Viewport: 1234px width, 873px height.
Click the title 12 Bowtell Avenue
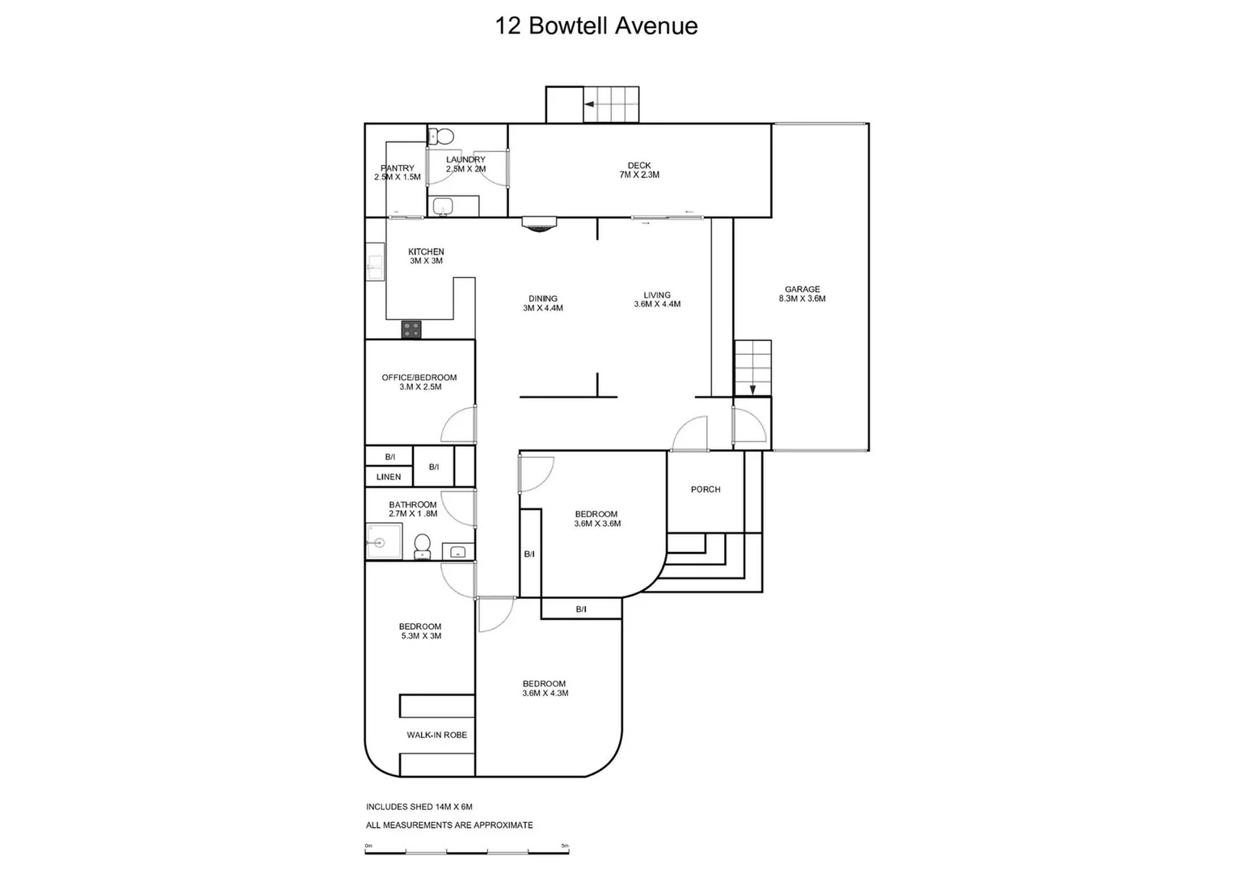tap(596, 26)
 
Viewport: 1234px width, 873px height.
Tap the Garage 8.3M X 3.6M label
tap(802, 294)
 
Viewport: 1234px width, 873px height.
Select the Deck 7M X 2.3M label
tap(638, 171)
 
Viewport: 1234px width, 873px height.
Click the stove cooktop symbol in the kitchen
tap(411, 329)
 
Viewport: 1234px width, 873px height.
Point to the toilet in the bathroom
tap(422, 546)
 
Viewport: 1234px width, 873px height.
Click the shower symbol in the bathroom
tap(383, 541)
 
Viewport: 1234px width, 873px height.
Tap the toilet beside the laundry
tap(441, 137)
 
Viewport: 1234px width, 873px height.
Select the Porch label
tap(705, 490)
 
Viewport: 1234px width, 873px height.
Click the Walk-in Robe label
tap(436, 736)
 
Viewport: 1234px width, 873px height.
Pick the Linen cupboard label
tap(389, 477)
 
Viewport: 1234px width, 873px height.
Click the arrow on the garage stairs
tap(752, 389)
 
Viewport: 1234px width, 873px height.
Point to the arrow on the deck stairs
tap(590, 104)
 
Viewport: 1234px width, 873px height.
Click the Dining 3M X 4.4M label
tap(542, 303)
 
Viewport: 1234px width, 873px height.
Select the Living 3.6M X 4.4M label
tap(657, 300)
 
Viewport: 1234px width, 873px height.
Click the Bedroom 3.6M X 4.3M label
tap(545, 689)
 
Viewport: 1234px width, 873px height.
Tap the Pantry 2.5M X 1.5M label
tap(397, 173)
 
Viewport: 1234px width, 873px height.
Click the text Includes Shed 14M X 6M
tap(419, 807)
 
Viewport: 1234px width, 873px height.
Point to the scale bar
tap(467, 852)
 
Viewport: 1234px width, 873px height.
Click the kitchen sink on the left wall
tap(374, 262)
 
